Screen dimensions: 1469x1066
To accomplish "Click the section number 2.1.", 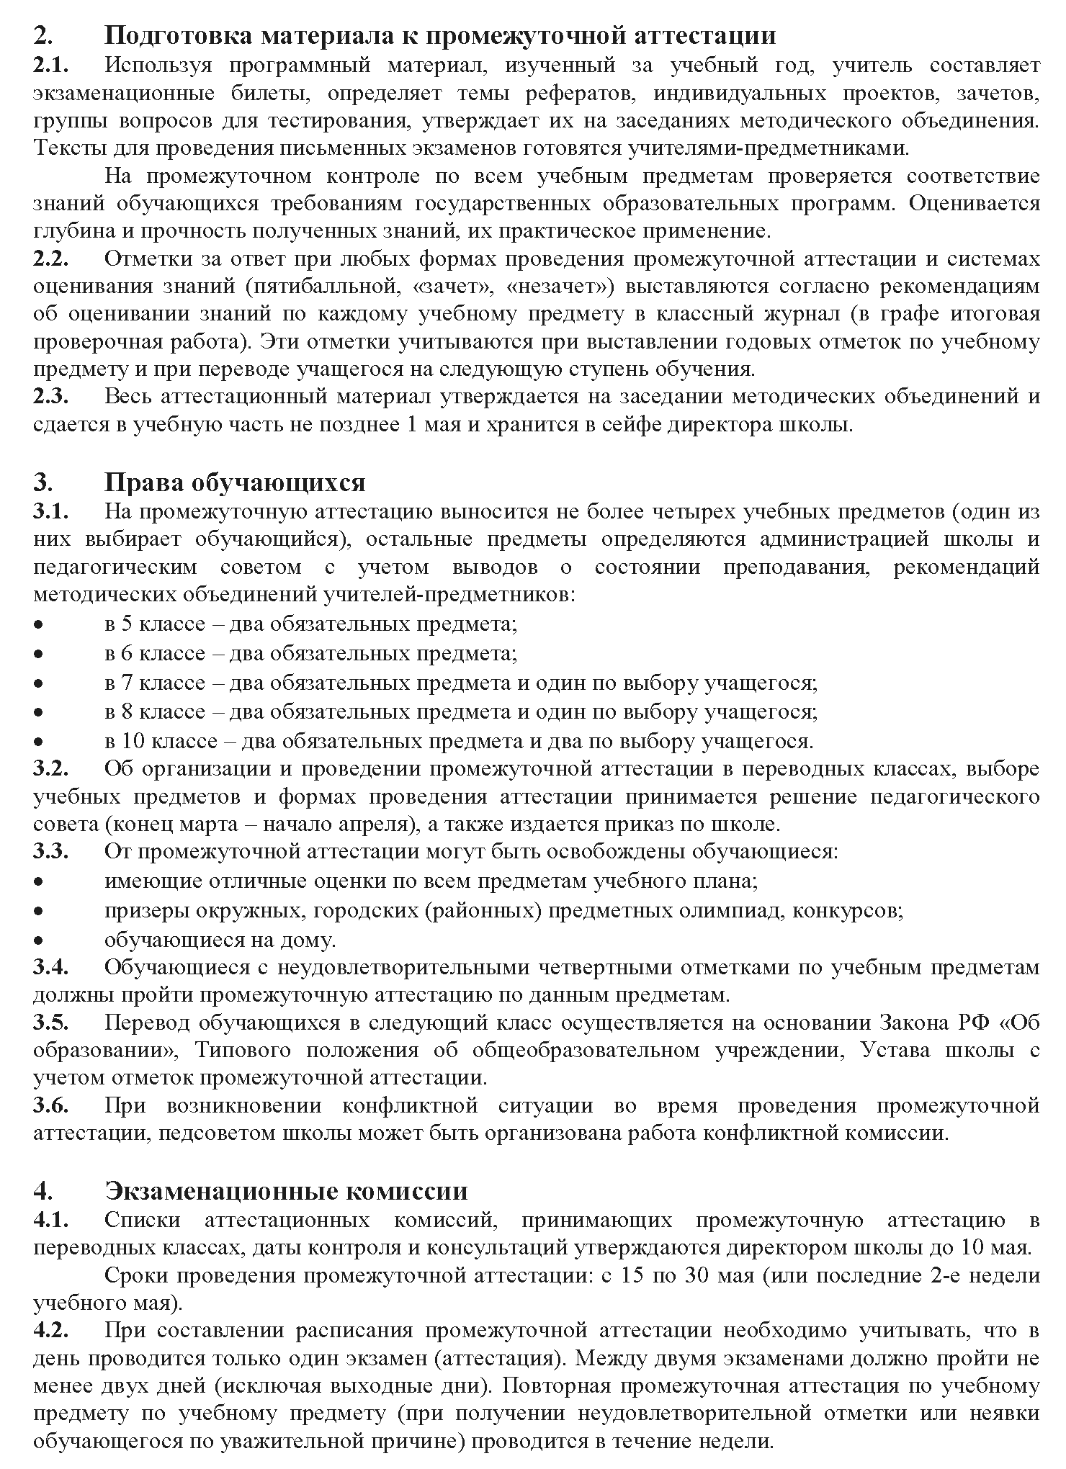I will (x=50, y=65).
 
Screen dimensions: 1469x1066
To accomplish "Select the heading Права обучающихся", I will (x=236, y=482).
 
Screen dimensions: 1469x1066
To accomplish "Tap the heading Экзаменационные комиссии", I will (x=286, y=1190).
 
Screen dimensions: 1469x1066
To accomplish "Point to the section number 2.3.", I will (x=50, y=396).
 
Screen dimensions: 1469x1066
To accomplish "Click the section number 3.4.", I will (x=50, y=967).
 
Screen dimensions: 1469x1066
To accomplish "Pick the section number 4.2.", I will (x=50, y=1330).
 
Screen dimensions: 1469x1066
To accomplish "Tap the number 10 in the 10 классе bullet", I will (x=127, y=740).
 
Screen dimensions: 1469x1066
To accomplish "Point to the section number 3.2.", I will (x=50, y=768).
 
